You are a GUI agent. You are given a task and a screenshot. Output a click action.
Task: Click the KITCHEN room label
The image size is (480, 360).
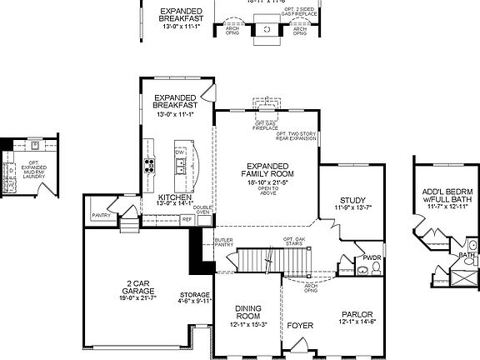coord(173,197)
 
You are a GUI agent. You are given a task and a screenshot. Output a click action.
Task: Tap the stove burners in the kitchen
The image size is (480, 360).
coord(150,164)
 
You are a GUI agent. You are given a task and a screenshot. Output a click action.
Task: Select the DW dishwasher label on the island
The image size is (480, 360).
coord(179,152)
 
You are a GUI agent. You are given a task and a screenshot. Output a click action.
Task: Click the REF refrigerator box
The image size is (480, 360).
coord(187,218)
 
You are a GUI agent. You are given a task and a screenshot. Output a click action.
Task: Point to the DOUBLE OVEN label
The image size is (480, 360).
coord(202,209)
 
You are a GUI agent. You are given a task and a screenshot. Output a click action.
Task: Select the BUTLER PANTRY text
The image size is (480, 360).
coord(223,242)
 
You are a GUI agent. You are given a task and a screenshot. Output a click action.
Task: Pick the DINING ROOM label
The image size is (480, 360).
coord(248,312)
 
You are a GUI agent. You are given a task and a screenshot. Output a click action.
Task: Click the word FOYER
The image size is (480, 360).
coord(298,325)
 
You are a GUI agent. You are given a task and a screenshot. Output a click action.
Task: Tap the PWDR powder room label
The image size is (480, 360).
coord(372,257)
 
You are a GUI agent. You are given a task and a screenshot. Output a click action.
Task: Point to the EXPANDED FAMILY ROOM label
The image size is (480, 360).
coord(268,169)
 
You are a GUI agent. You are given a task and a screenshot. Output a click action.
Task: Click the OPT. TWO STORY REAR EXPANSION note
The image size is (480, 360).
coord(297,136)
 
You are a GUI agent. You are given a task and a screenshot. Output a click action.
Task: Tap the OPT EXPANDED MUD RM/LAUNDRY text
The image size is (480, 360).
coord(34,170)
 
